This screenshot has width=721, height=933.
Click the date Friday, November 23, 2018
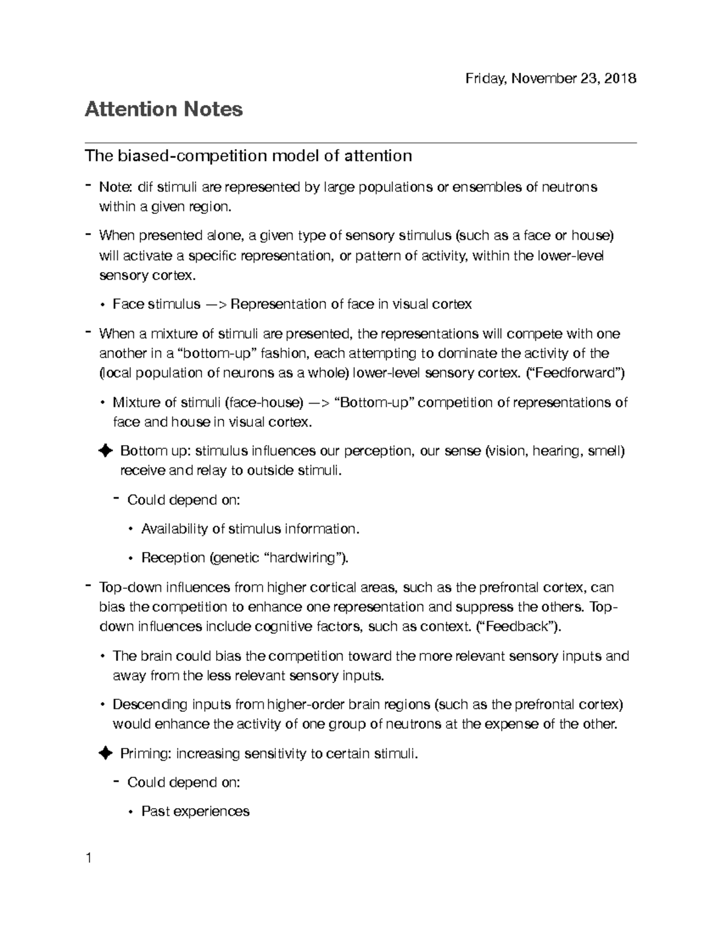coord(551,78)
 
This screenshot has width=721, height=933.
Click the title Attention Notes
coord(163,109)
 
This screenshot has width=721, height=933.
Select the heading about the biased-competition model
coord(248,156)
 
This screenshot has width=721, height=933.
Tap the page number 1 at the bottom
coord(88,858)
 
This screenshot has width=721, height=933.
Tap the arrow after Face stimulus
coord(216,305)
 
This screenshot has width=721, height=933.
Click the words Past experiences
coord(195,812)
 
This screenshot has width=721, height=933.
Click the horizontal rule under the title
coord(360,143)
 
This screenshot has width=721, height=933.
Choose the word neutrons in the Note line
coord(570,187)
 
